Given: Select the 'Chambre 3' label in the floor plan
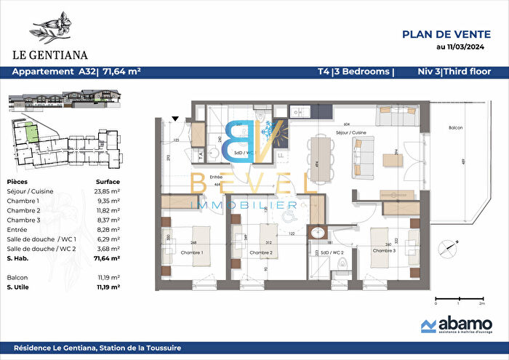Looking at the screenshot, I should [x=385, y=250].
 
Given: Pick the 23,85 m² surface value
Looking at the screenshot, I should [x=108, y=191].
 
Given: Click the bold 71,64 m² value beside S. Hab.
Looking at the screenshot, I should [x=107, y=257].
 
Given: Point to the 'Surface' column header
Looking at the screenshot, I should [x=108, y=182].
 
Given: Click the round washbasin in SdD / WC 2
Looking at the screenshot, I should [x=317, y=233].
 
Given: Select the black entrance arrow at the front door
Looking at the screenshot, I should [x=175, y=118].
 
